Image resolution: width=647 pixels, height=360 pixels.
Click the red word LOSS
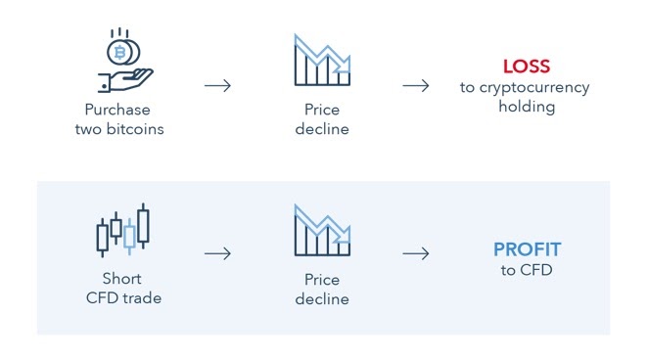point(526,67)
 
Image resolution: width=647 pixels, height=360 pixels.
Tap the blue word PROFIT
point(526,249)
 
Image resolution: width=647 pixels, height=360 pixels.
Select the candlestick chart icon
point(123,231)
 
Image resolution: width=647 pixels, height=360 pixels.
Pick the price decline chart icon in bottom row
point(322,231)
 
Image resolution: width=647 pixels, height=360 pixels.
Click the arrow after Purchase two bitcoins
point(217,85)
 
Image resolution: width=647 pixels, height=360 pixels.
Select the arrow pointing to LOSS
point(416,85)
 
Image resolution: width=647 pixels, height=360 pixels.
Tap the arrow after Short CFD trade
point(217,254)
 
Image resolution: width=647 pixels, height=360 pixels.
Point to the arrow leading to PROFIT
point(416,254)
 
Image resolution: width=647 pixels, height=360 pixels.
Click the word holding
point(526,107)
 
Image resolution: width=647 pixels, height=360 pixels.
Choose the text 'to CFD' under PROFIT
point(526,270)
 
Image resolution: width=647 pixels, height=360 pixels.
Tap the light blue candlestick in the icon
point(129,237)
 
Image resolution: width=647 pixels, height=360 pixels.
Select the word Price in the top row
point(322,111)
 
